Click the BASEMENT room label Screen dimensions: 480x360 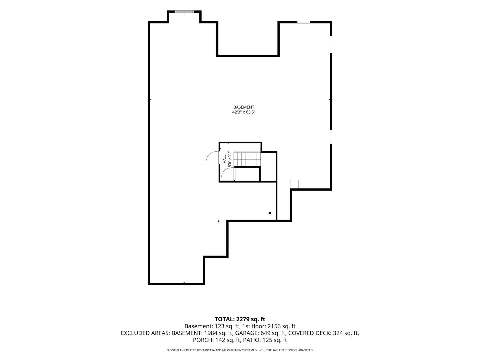click(244, 107)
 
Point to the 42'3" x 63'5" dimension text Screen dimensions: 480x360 click(244, 112)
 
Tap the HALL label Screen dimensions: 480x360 click(225, 159)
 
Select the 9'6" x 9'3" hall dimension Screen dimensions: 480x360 click(229, 159)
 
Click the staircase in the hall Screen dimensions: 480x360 click(247, 159)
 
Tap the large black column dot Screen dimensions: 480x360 click(270, 213)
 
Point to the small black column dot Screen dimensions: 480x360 click(218, 221)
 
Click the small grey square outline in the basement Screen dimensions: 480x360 click(294, 184)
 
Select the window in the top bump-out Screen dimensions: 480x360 click(184, 11)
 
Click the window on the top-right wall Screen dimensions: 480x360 click(303, 22)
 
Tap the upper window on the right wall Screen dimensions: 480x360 click(331, 44)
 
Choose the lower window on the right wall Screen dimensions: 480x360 click(331, 137)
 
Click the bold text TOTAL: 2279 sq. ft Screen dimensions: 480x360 click(240, 319)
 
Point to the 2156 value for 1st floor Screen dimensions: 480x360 click(274, 326)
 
